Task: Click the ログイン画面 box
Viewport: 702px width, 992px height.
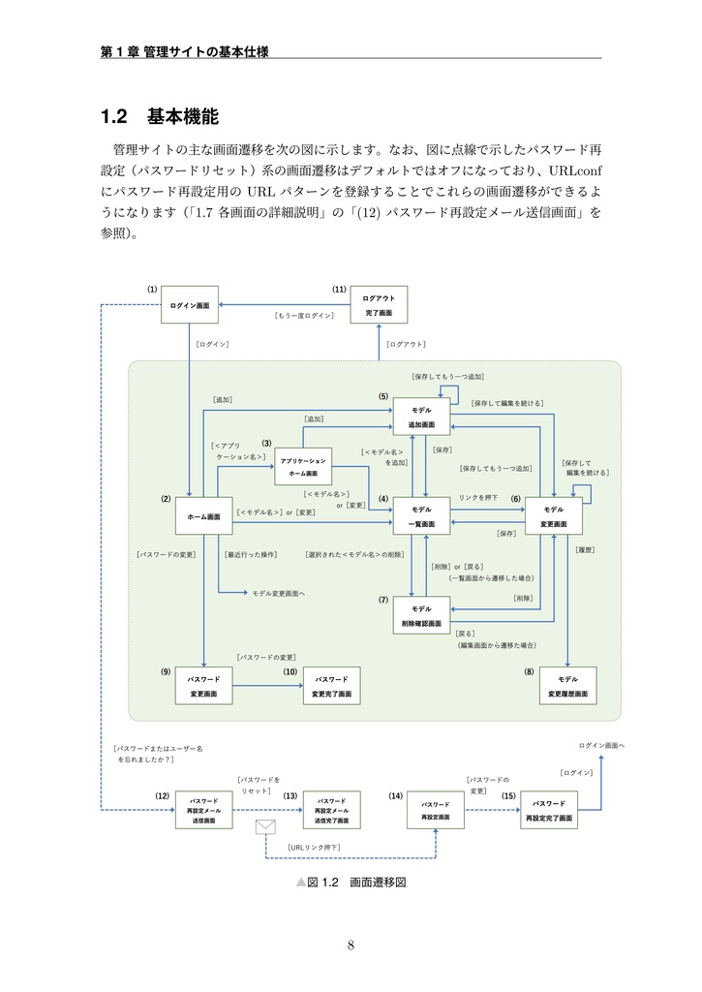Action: click(x=189, y=305)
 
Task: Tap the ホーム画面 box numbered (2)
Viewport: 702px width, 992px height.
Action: click(x=203, y=515)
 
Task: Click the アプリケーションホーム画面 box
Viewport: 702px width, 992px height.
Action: click(x=303, y=467)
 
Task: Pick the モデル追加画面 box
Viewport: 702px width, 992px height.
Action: click(x=421, y=418)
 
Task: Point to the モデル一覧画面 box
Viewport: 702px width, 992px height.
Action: click(x=421, y=515)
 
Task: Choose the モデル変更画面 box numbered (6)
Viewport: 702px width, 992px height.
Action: click(x=553, y=515)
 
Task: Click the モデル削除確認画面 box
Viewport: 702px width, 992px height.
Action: click(x=421, y=615)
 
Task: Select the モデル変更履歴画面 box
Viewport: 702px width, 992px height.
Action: click(x=567, y=686)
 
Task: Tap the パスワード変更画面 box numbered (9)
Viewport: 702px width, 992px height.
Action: click(x=203, y=686)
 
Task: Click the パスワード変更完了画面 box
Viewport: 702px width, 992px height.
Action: click(x=331, y=686)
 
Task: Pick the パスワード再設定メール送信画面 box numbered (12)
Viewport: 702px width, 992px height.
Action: click(x=203, y=810)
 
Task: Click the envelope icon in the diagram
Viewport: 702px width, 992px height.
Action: click(x=266, y=827)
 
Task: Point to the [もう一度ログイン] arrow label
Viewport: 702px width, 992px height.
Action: click(x=303, y=316)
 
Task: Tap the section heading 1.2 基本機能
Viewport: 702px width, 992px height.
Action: click(x=160, y=117)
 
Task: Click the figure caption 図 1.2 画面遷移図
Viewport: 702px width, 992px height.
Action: click(x=350, y=883)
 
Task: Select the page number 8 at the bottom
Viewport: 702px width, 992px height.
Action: click(x=351, y=945)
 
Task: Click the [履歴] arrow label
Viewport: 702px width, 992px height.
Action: click(x=584, y=549)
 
